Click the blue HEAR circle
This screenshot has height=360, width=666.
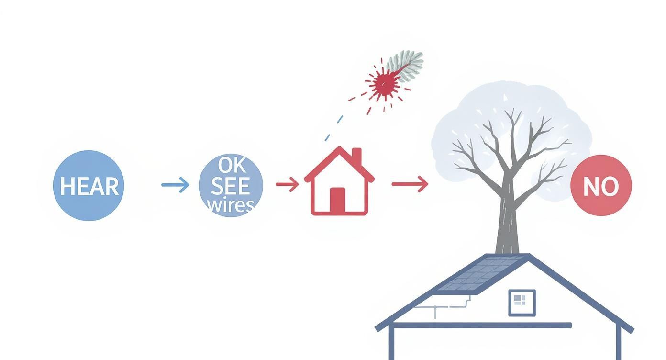[x=89, y=186]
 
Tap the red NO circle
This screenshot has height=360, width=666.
[x=601, y=186]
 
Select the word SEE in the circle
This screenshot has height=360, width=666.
[x=230, y=186]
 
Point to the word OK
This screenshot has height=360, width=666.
[x=232, y=166]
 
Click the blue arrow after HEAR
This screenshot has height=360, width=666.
[x=175, y=185]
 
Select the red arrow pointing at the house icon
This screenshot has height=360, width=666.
[x=287, y=184]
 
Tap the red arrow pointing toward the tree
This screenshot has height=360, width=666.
[x=410, y=184]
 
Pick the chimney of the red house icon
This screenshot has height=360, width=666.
[x=356, y=156]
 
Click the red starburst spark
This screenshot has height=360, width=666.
[x=383, y=84]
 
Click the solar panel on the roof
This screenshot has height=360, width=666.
[x=478, y=275]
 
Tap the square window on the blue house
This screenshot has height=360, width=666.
[x=522, y=303]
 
